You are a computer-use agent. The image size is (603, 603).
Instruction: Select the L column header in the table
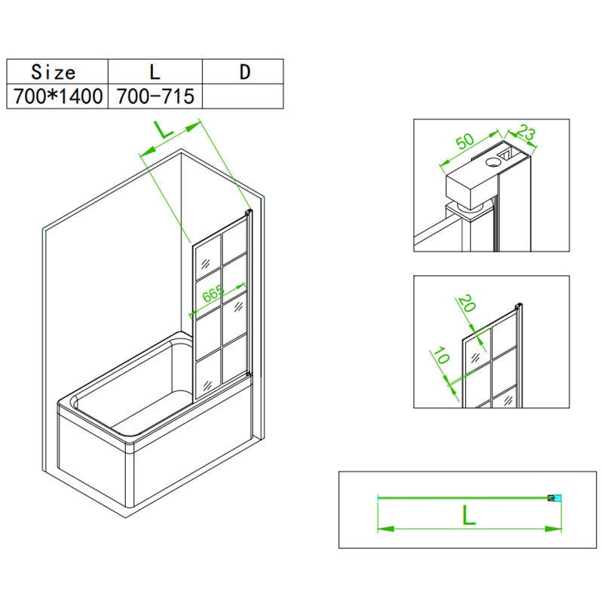155,72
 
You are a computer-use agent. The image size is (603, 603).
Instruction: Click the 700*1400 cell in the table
57,96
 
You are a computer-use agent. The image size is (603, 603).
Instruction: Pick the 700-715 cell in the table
155,96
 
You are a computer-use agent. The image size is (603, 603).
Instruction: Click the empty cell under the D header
243,96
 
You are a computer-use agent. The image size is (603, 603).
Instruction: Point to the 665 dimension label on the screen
213,294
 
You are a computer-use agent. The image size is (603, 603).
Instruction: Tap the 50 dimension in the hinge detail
465,141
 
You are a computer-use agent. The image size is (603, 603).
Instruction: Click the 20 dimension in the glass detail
467,303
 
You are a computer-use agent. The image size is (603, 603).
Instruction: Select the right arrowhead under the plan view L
553,529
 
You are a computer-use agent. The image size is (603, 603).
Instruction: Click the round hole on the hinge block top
493,162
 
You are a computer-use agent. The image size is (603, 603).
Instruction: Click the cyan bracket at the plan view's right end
555,498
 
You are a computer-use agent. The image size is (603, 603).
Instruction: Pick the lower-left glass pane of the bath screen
209,374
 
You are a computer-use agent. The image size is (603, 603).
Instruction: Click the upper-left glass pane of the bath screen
208,257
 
